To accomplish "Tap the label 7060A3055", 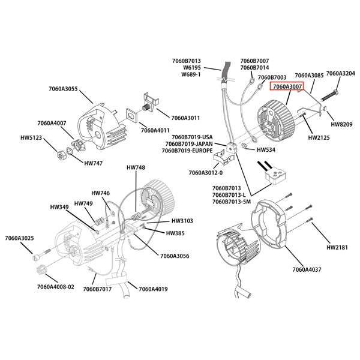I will point(64,89).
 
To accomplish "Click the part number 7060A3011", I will point(186,118).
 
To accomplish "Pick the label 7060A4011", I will point(155,130).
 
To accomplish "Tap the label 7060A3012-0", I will point(206,173).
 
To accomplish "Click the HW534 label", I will point(265,150).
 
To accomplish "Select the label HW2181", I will point(338,247).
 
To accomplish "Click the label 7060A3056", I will point(175,256).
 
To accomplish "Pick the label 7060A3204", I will point(340,73).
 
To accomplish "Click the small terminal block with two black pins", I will point(273,177).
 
